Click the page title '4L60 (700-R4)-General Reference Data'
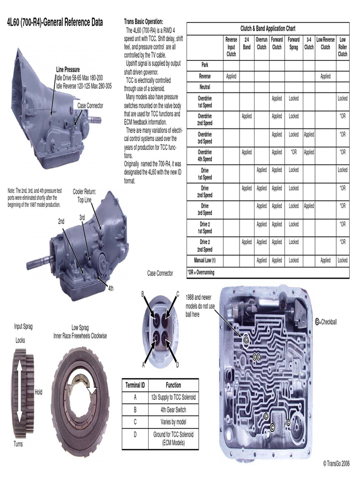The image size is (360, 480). click(x=54, y=22)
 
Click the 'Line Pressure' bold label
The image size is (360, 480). click(x=68, y=69)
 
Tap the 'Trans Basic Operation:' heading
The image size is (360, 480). click(x=143, y=22)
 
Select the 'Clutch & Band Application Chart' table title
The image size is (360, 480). click(x=268, y=29)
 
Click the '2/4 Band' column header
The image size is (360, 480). click(x=247, y=44)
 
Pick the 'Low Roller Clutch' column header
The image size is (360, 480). click(x=343, y=47)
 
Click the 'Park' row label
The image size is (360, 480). click(x=205, y=65)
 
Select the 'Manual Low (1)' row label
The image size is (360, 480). click(x=205, y=260)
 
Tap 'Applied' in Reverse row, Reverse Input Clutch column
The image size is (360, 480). click(x=231, y=76)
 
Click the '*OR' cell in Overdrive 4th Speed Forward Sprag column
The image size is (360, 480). click(x=293, y=152)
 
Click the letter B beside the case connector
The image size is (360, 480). click(x=143, y=294)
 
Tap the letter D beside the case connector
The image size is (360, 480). click(x=177, y=365)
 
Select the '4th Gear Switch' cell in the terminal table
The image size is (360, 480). click(x=173, y=409)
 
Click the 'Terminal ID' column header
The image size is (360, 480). click(x=135, y=385)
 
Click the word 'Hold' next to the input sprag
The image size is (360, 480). click(x=38, y=392)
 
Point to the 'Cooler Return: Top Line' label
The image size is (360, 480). click(x=84, y=195)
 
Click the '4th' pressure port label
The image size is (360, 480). click(x=111, y=288)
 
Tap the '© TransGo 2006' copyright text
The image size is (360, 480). click(x=336, y=463)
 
